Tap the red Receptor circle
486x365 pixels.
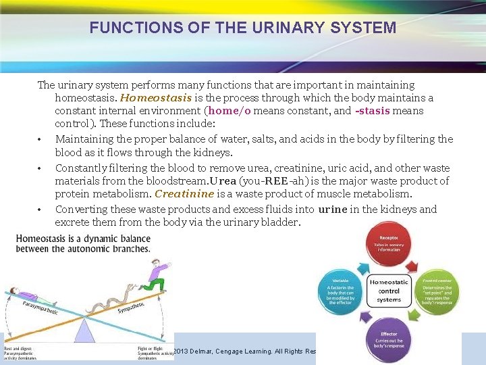coord(389,245)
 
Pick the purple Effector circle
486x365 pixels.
coord(389,340)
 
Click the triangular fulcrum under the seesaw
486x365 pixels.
coord(84,330)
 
